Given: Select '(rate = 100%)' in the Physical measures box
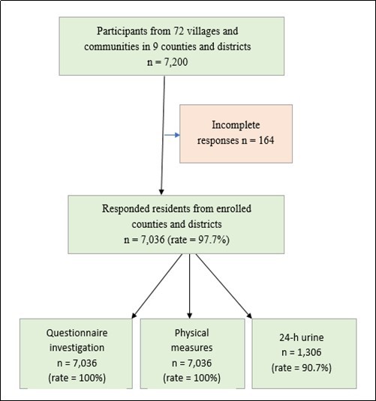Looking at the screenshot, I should pyautogui.click(x=188, y=377).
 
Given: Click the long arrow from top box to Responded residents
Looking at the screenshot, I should pyautogui.click(x=161, y=135).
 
